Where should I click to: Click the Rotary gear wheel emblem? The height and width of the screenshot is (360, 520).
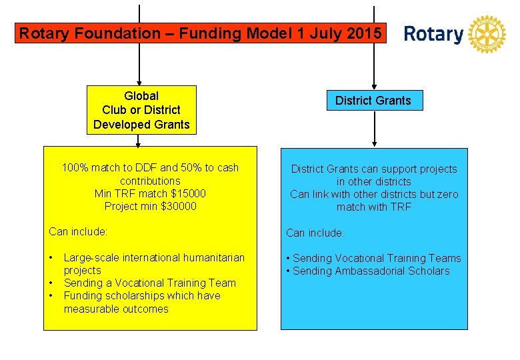pyautogui.click(x=487, y=34)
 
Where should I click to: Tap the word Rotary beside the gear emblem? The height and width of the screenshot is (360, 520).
pyautogui.click(x=433, y=34)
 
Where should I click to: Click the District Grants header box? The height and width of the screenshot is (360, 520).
pyautogui.click(x=373, y=101)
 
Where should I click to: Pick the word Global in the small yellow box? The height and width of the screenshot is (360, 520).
pyautogui.click(x=141, y=96)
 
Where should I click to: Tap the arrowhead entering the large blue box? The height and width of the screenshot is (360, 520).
pyautogui.click(x=374, y=142)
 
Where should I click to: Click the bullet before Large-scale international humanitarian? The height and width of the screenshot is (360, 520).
pyautogui.click(x=51, y=257)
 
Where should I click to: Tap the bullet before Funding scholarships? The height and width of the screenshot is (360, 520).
pyautogui.click(x=51, y=295)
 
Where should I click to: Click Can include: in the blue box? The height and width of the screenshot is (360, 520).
pyautogui.click(x=315, y=233)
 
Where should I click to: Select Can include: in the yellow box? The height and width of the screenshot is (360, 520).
pyautogui.click(x=78, y=232)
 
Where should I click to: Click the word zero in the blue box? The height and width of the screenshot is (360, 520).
pyautogui.click(x=447, y=194)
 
